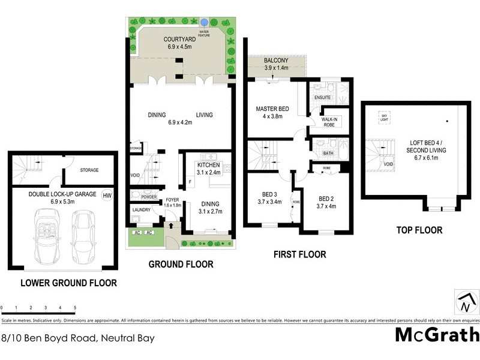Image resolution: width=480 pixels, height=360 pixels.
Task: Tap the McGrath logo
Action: (x=437, y=334)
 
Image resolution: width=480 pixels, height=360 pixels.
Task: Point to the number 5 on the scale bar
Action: (x=75, y=308)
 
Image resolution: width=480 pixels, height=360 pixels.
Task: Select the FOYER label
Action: (x=172, y=200)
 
